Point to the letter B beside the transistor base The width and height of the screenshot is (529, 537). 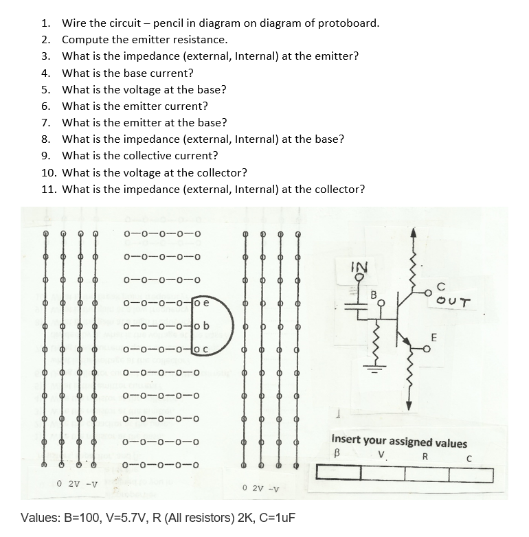[374, 295]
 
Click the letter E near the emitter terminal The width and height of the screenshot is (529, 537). [433, 336]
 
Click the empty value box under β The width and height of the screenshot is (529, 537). [339, 474]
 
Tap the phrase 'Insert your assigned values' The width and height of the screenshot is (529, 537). [398, 443]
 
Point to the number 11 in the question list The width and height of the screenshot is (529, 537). [47, 189]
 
